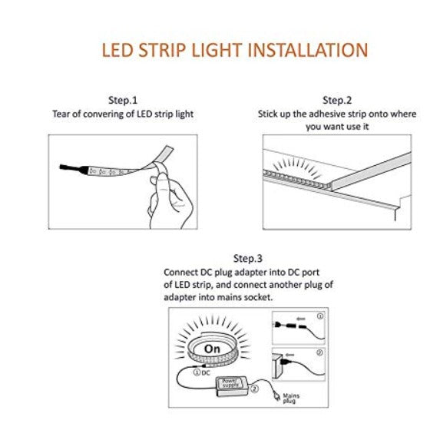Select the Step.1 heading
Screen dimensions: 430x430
point(123,100)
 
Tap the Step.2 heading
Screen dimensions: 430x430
point(337,100)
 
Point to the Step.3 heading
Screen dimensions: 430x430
point(248,258)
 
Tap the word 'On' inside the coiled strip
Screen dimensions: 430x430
point(212,349)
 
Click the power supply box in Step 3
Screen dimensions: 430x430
point(232,386)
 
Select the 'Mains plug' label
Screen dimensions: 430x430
point(290,399)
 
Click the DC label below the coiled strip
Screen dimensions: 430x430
point(206,373)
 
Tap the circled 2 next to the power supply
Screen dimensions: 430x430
point(254,389)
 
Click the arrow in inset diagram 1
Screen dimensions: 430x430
point(301,319)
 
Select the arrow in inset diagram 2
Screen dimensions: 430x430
point(289,355)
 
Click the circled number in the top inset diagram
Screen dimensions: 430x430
point(320,316)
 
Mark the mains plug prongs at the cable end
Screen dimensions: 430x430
point(277,397)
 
